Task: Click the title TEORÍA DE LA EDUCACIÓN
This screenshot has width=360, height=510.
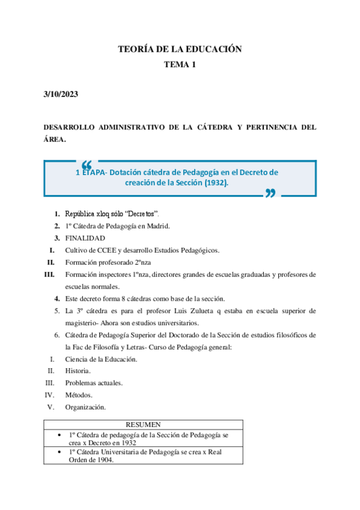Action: pyautogui.click(x=180, y=49)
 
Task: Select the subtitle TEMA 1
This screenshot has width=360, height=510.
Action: pyautogui.click(x=180, y=65)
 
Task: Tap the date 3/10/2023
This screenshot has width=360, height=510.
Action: pyautogui.click(x=61, y=94)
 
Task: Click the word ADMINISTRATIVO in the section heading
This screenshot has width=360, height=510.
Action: pyautogui.click(x=132, y=127)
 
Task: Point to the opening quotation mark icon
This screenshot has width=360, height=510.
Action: pyautogui.click(x=86, y=165)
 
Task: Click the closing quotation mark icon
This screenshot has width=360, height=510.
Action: pyautogui.click(x=270, y=192)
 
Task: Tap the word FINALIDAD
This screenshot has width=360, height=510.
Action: pyautogui.click(x=85, y=238)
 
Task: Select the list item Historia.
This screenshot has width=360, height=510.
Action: pyautogui.click(x=78, y=371)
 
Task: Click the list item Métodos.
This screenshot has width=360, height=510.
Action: pyautogui.click(x=79, y=395)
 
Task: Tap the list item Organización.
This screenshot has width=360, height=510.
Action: pyautogui.click(x=85, y=407)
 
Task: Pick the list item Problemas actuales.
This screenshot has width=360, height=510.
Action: pyautogui.click(x=94, y=383)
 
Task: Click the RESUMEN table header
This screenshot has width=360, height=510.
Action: pyautogui.click(x=143, y=425)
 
